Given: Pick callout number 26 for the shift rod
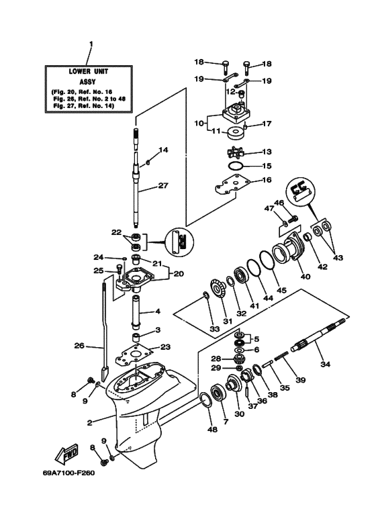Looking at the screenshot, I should [x=80, y=346].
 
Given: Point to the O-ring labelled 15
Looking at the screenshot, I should [x=234, y=165].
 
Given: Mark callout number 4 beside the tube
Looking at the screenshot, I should [x=158, y=311].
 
